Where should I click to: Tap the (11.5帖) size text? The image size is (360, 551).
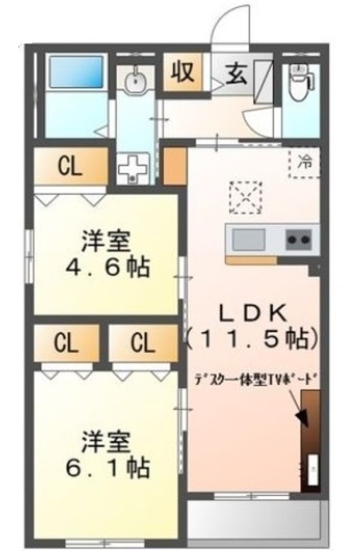tap(247, 337)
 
